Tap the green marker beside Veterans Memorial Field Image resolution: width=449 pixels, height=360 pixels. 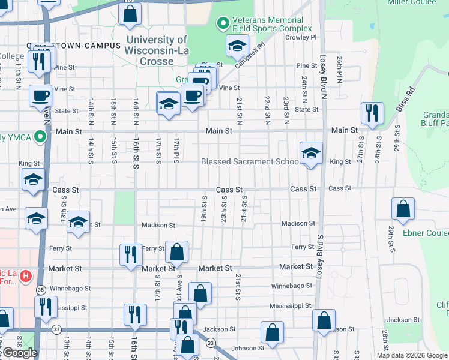pyautogui.click(x=222, y=24)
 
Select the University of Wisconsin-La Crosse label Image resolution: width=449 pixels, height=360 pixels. pyautogui.click(x=158, y=51)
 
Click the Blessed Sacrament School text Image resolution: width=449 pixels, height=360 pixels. pyautogui.click(x=251, y=161)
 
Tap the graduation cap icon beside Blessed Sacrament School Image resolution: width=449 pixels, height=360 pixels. pyautogui.click(x=312, y=154)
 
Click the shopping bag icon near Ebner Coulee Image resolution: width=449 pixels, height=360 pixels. pyautogui.click(x=403, y=209)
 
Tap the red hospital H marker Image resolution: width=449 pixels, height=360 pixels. pyautogui.click(x=26, y=277)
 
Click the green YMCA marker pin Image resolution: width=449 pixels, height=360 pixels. pyautogui.click(x=40, y=137)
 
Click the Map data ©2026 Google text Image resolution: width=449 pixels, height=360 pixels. pyautogui.click(x=411, y=355)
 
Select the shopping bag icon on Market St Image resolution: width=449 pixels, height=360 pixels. pyautogui.click(x=177, y=253)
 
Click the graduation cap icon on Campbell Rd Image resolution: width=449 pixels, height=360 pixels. pyautogui.click(x=237, y=46)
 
